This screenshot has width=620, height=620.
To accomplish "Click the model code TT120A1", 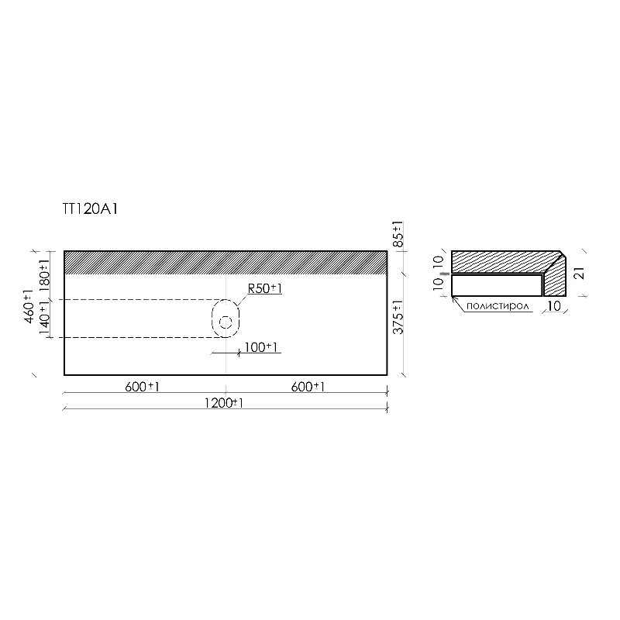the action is pos(90,209).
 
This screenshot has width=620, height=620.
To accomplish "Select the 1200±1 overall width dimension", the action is pos(224,403).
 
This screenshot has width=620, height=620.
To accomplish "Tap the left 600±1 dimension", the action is pos(143,387).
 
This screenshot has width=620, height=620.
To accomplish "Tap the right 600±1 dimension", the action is pos(308,387).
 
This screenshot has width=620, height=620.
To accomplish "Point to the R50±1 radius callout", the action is pos(265,288).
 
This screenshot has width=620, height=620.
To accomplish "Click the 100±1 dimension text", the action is pos(261,347).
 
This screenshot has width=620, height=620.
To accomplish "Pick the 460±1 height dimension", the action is pos(29,306).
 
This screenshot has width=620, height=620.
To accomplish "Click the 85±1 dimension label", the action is pos(398,234).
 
